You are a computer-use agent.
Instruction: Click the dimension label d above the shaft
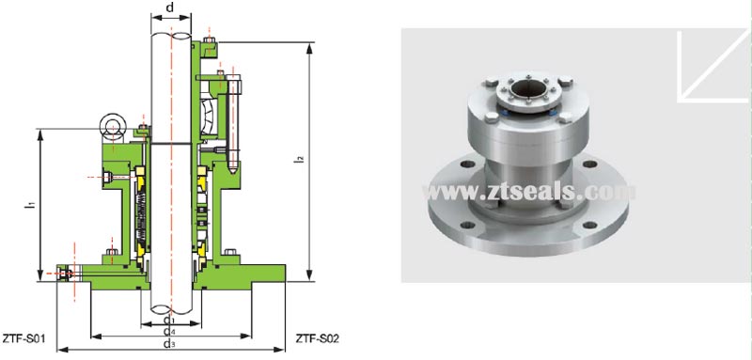(169, 8)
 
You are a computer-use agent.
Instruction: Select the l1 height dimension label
(31, 200)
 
